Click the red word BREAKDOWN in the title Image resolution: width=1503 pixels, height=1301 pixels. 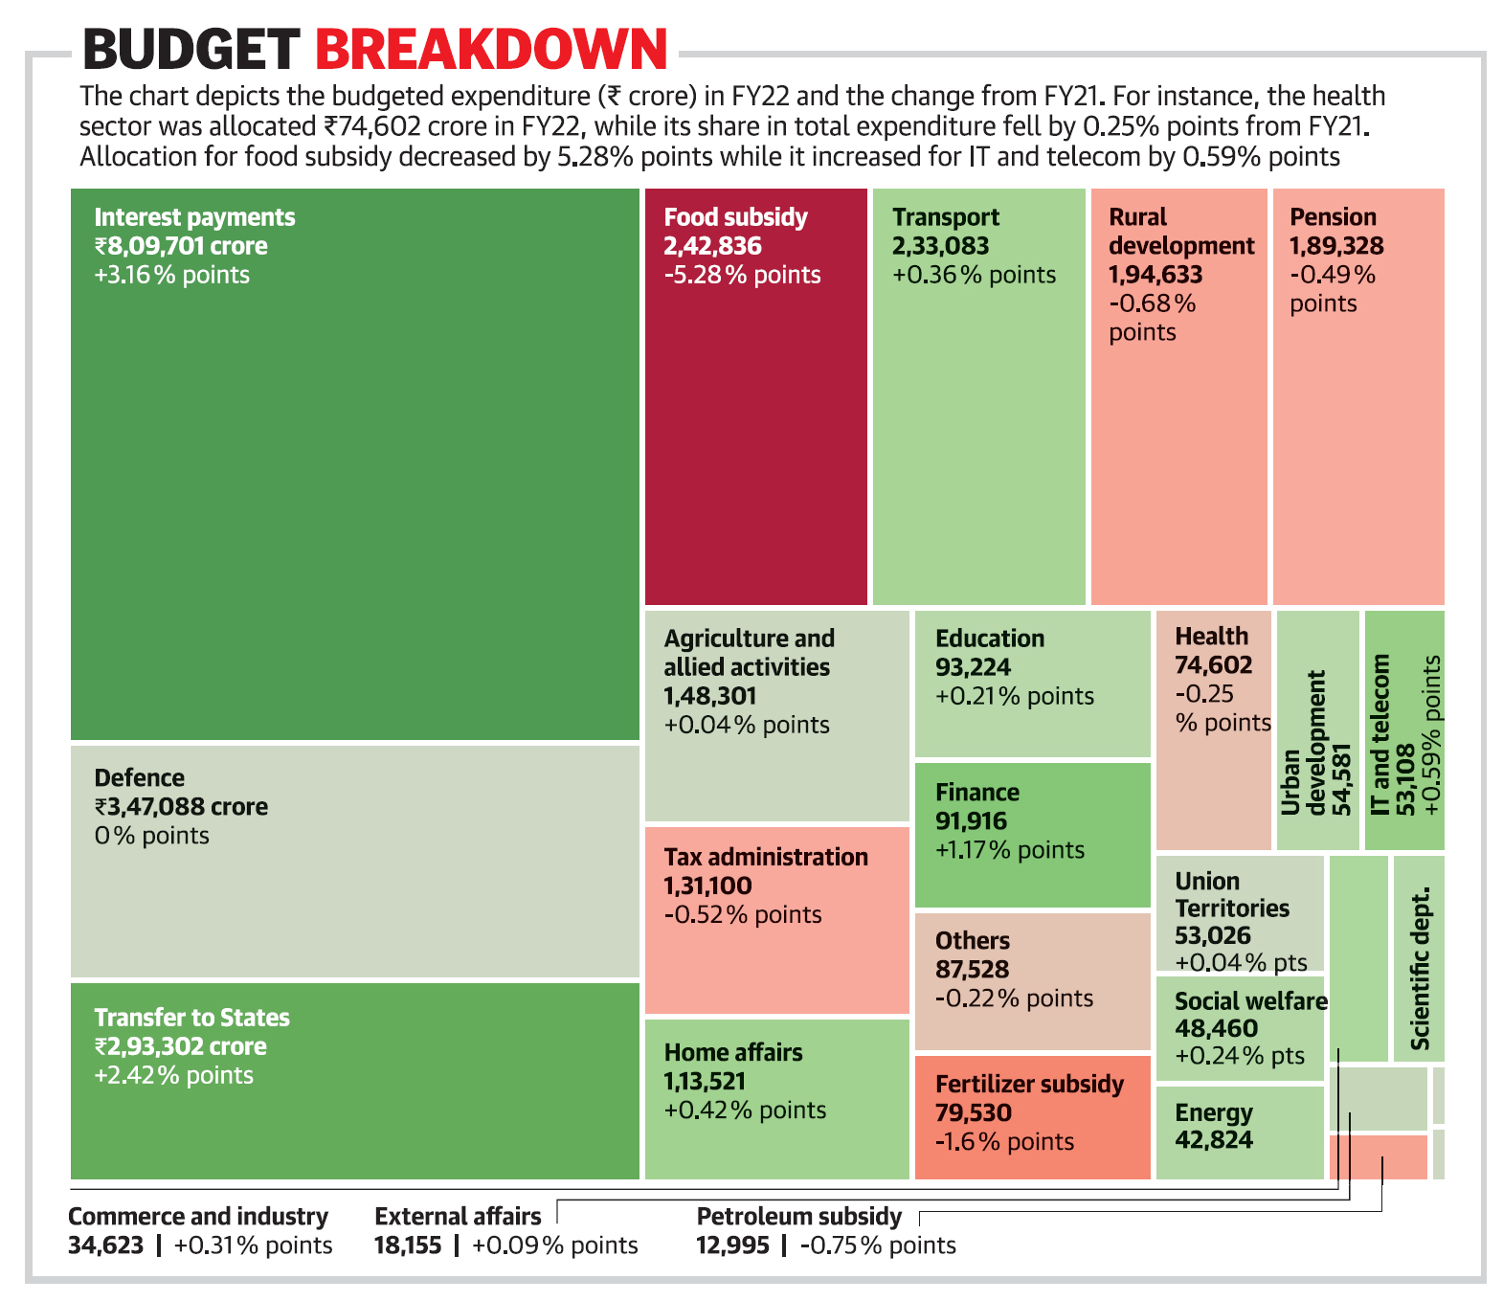pyautogui.click(x=490, y=50)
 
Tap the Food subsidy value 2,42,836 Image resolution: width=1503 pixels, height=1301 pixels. pyautogui.click(x=712, y=246)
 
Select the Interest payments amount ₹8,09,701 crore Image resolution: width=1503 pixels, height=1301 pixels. pyautogui.click(x=181, y=246)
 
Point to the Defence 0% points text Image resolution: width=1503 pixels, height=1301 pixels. pyautogui.click(x=151, y=836)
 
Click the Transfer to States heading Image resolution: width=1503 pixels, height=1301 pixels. pyautogui.click(x=191, y=1017)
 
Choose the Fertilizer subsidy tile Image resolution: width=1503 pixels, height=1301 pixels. pyautogui.click(x=1031, y=1116)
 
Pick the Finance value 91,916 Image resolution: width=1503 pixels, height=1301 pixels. pyautogui.click(x=971, y=821)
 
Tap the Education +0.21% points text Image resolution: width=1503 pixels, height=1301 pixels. pyautogui.click(x=1014, y=696)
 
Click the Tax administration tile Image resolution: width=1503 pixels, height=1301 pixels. pyautogui.click(x=776, y=919)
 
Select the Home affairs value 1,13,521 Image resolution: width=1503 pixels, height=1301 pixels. pyautogui.click(x=705, y=1082)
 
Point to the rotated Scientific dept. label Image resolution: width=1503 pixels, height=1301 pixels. pyautogui.click(x=1420, y=968)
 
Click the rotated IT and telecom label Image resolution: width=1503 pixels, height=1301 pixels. pyautogui.click(x=1380, y=734)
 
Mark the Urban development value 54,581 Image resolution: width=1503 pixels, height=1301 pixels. pyautogui.click(x=1342, y=779)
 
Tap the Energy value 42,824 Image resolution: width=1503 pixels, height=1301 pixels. pyautogui.click(x=1214, y=1140)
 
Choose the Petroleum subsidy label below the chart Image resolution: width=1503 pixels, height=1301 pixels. pyautogui.click(x=798, y=1216)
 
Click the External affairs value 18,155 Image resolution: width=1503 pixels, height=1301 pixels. pyautogui.click(x=408, y=1245)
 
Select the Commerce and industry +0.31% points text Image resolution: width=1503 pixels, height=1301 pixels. pyautogui.click(x=253, y=1245)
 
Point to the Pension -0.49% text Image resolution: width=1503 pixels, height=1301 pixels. pyautogui.click(x=1332, y=275)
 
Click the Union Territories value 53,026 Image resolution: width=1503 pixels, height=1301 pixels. pyautogui.click(x=1212, y=935)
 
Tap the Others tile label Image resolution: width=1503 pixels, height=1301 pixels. pyautogui.click(x=973, y=940)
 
